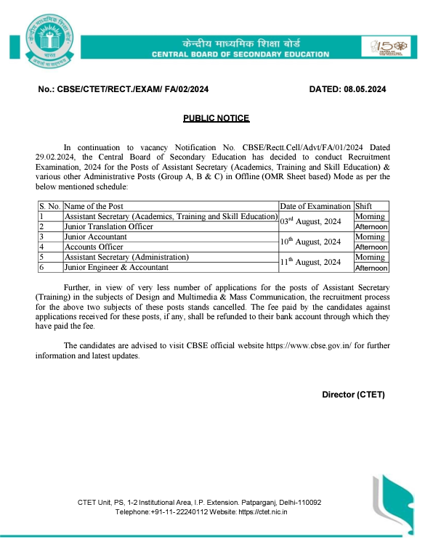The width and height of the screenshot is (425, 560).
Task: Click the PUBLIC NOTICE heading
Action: pyautogui.click(x=216, y=118)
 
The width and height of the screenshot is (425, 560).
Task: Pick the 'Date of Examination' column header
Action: pyautogui.click(x=315, y=207)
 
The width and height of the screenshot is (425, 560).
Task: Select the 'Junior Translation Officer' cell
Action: pyautogui.click(x=109, y=227)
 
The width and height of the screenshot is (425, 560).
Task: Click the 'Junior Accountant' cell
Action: pyautogui.click(x=96, y=237)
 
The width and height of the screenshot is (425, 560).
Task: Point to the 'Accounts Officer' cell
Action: pyautogui.click(x=94, y=247)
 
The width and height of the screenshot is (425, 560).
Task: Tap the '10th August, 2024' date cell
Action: pyautogui.click(x=310, y=242)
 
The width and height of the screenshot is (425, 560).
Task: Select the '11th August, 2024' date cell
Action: pyautogui.click(x=310, y=263)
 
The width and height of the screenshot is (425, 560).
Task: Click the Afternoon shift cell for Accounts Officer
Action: pyautogui.click(x=371, y=247)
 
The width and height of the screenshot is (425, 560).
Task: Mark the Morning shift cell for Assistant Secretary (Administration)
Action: pyautogui.click(x=371, y=258)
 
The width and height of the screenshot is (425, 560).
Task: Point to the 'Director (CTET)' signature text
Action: pyautogui.click(x=353, y=395)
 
